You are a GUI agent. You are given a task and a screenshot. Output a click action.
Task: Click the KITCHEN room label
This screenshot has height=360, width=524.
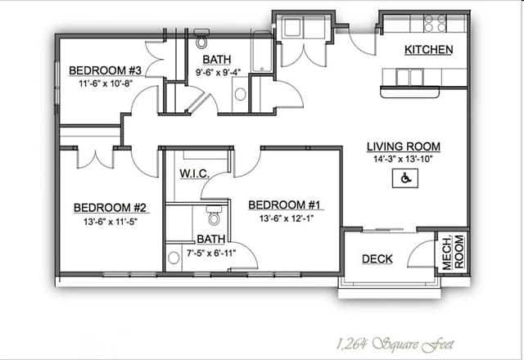click(429, 50)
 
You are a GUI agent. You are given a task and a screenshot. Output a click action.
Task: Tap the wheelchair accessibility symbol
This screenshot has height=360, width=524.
click(405, 178)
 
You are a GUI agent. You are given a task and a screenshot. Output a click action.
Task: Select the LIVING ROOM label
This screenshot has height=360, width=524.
click(404, 146)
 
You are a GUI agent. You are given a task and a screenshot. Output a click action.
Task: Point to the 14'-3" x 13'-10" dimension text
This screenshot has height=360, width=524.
click(403, 160)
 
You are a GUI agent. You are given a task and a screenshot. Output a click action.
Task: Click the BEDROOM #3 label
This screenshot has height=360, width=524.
click(106, 70)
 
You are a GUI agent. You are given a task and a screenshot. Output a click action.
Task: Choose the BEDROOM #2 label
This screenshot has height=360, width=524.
click(110, 208)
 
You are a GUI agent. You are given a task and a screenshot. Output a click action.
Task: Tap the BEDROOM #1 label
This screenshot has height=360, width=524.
click(284, 205)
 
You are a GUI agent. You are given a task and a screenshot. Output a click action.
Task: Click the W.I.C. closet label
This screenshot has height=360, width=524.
click(195, 173)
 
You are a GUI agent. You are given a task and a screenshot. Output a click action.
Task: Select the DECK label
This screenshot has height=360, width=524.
click(377, 259)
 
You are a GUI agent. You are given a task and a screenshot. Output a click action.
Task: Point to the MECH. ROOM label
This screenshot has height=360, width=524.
click(453, 253)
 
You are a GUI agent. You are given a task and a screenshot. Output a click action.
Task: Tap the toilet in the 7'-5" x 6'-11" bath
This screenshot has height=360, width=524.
click(214, 215)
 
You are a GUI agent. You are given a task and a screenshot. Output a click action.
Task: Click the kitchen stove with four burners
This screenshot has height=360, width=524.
click(435, 24)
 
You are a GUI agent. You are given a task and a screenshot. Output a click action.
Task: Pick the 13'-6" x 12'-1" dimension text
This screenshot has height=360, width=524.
click(287, 218)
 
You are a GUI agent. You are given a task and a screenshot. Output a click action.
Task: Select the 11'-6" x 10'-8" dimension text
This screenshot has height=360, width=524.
click(106, 83)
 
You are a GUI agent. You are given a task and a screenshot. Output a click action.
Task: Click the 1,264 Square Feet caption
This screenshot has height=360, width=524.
click(395, 344)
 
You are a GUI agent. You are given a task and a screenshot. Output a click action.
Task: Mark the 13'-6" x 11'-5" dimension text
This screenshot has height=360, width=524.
click(111, 222)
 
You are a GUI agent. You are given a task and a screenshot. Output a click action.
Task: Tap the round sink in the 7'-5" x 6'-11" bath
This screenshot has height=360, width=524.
click(174, 258)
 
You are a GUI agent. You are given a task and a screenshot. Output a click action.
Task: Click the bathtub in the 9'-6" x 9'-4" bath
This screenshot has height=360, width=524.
click(262, 52)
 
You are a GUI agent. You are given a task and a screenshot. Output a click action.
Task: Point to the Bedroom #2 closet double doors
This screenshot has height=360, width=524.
click(95, 158)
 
